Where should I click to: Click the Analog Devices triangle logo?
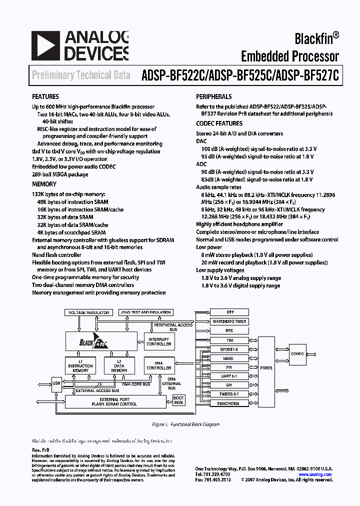45,45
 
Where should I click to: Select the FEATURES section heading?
45,96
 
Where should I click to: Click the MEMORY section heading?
44,184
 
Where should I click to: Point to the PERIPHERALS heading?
214,96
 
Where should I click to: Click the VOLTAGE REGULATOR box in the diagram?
88,312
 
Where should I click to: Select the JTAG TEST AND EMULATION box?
145,312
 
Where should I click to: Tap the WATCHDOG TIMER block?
229,321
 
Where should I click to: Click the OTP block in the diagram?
229,312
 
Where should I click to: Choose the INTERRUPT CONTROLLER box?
159,342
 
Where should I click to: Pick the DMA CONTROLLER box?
159,365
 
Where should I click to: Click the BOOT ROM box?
178,400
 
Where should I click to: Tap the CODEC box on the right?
297,353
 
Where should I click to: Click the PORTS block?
266,367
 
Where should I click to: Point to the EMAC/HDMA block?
229,403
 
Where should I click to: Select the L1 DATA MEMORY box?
119,365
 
